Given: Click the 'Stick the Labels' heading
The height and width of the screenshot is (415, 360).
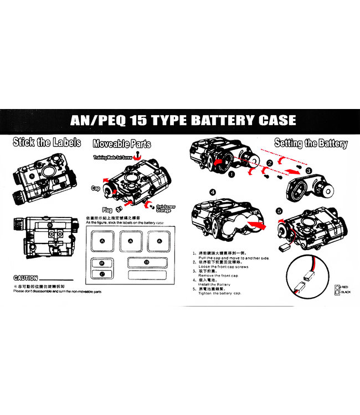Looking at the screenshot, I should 47,142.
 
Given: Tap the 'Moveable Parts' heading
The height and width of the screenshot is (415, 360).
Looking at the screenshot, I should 121,144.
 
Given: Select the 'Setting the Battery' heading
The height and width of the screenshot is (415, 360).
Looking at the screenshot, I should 310,143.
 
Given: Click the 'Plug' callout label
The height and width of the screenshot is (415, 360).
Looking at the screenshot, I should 107,210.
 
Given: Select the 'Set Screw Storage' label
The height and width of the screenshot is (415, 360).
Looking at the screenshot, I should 166,208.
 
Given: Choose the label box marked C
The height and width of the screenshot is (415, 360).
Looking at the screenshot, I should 101,274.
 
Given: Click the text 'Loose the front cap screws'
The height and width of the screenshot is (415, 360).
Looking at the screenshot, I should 223,266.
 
